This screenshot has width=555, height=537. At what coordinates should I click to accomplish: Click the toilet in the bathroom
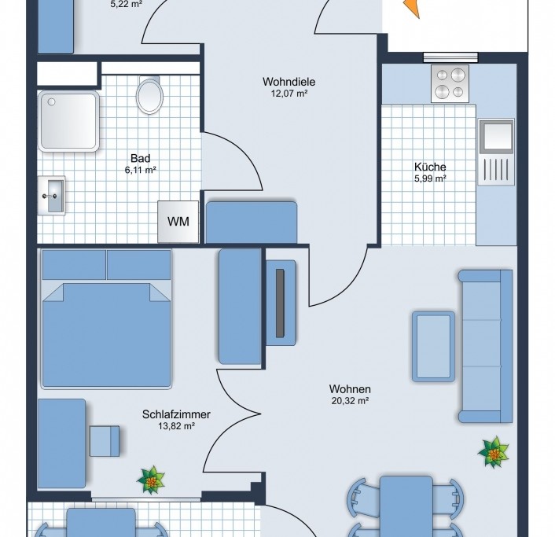149,95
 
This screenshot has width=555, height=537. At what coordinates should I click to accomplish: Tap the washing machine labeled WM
178,222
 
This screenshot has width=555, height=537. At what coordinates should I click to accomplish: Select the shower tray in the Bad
68,121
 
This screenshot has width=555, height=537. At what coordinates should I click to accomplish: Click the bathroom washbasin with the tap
52,196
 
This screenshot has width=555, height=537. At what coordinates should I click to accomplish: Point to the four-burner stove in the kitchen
450,84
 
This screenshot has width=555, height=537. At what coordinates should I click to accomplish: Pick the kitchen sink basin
496,136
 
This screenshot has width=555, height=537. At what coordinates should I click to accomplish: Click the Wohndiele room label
289,82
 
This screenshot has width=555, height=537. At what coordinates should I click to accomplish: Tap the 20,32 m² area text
351,401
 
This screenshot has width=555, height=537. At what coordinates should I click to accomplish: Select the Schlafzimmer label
176,414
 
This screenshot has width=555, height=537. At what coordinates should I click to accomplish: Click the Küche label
430,167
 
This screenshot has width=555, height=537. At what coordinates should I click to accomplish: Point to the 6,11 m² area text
141,170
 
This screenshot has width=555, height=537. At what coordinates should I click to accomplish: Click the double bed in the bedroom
107,318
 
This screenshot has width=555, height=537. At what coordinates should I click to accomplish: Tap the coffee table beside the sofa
434,347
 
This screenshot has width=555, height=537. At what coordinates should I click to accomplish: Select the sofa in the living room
485,346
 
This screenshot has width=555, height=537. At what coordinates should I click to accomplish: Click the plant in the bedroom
151,480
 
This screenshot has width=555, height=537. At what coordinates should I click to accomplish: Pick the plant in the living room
493,451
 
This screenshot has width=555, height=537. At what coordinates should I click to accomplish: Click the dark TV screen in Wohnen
280,303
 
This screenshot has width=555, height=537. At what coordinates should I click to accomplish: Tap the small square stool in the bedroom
105,441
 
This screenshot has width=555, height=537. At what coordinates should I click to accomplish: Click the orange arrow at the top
413,8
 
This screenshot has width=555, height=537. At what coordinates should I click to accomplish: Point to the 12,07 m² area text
289,94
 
